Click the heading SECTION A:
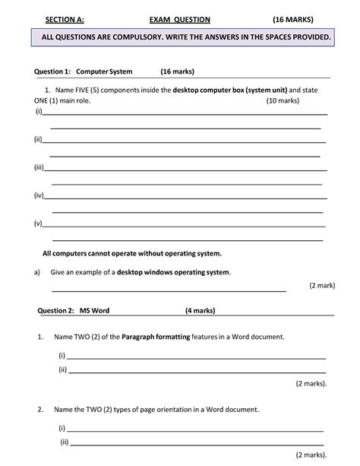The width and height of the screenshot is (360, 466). [65, 17]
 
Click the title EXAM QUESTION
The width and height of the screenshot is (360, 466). [179, 17]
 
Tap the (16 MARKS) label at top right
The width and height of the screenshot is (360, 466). [298, 17]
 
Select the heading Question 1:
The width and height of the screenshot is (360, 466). [52, 71]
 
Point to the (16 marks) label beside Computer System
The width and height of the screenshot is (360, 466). [177, 71]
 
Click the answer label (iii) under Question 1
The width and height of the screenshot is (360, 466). [39, 167]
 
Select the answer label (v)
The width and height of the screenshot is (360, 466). [37, 223]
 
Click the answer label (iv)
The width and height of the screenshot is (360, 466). [39, 195]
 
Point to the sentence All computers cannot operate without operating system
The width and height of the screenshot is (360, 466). [132, 252]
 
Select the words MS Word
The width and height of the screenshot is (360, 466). [96, 310]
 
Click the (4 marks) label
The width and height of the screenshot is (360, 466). [200, 310]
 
